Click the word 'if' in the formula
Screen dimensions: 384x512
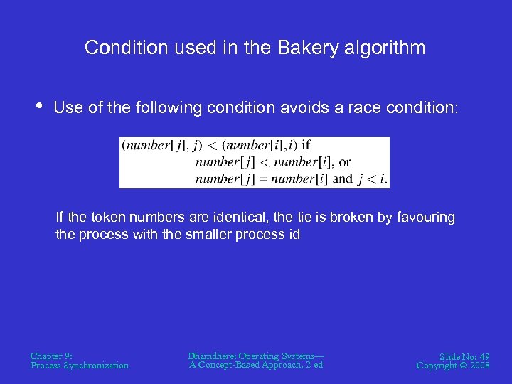pos(306,146)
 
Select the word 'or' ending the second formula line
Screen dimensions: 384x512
pos(345,162)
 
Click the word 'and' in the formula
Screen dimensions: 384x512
pos(342,178)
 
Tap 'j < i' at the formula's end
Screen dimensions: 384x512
pos(372,178)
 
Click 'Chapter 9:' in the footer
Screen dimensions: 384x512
pos(51,356)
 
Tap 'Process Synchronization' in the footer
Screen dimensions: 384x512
pos(80,366)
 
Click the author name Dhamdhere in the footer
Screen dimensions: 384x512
pos(212,356)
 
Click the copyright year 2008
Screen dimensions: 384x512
pos(478,366)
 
